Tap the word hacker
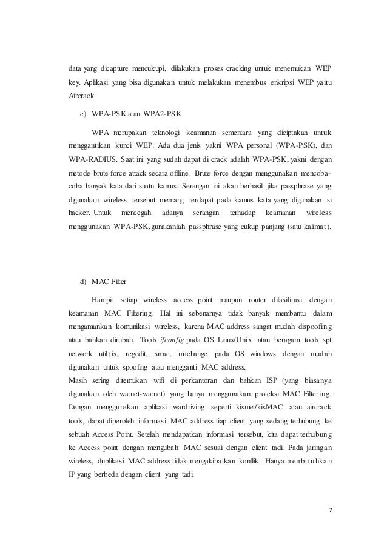(x=78, y=213)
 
